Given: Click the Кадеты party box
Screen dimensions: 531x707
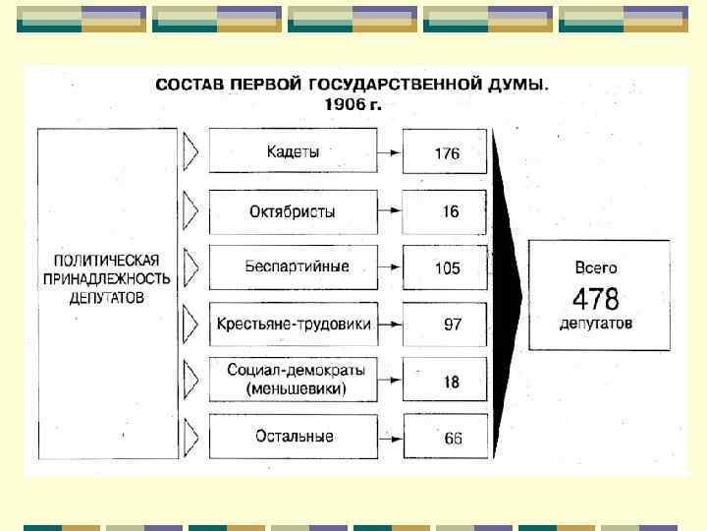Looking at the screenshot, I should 293,152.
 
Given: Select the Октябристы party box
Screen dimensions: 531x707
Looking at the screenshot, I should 293,210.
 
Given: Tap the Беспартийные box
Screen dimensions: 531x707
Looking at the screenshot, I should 293,266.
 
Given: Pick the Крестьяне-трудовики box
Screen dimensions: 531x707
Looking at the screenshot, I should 293,324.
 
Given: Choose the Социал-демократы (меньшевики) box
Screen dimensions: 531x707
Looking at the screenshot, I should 293,380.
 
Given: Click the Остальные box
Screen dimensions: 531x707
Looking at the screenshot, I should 293,436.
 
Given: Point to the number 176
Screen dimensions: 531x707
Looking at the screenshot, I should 447,153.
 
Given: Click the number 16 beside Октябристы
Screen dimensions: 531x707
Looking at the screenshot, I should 450,211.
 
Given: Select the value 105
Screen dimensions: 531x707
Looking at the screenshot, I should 447,267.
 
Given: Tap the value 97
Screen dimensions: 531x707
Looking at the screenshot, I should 452,324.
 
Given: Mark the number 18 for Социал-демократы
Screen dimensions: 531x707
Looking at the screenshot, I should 451,382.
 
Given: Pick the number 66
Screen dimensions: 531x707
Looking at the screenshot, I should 453,439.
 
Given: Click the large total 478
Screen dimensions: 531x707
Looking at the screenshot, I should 596,298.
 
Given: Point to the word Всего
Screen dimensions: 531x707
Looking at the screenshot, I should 596,266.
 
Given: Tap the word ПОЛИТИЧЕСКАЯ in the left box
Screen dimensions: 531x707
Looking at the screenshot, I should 106,261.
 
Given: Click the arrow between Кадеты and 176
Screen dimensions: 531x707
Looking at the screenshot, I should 391,153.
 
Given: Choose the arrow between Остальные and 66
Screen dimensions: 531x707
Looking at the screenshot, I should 391,438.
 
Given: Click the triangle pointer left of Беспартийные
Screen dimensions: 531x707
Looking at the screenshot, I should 191,266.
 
